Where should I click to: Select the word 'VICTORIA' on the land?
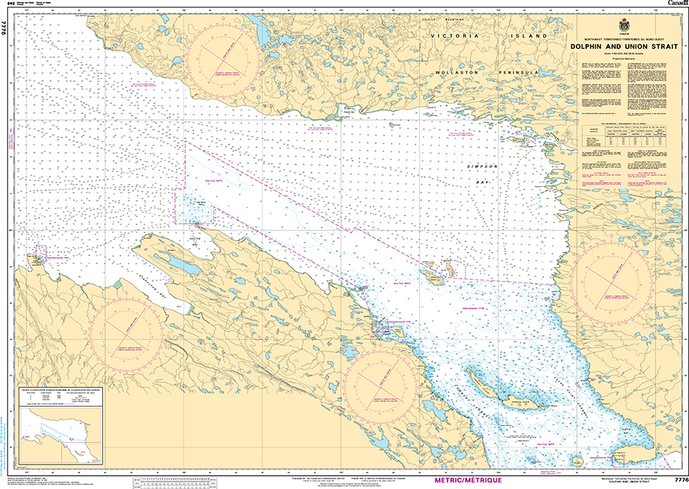pos(459,36)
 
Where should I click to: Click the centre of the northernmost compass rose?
pos(223,57)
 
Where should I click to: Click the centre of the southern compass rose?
pos(381,384)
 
